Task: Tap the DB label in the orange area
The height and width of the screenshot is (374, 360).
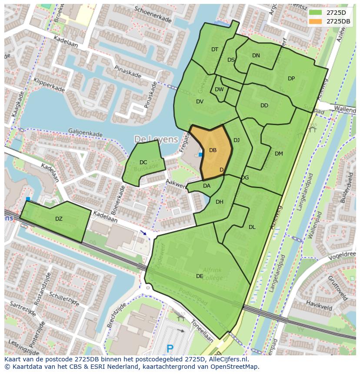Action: click(213, 150)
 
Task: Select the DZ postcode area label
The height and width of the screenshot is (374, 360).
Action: click(59, 219)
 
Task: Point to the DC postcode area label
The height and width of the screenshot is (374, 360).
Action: click(143, 162)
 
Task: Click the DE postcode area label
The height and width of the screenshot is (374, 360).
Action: click(200, 276)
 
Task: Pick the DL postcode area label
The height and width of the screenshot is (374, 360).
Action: click(252, 227)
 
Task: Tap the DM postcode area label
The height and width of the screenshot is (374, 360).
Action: click(279, 153)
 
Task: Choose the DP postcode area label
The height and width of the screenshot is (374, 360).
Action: click(291, 79)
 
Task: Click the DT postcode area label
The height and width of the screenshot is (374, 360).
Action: click(215, 50)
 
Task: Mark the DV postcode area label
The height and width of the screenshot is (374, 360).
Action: click(200, 102)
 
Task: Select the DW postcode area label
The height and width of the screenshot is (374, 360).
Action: click(219, 89)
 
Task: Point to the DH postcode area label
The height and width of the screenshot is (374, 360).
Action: click(219, 202)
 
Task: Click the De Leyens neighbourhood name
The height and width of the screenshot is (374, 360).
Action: click(156, 139)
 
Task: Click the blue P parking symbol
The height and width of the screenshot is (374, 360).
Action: click(170, 348)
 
